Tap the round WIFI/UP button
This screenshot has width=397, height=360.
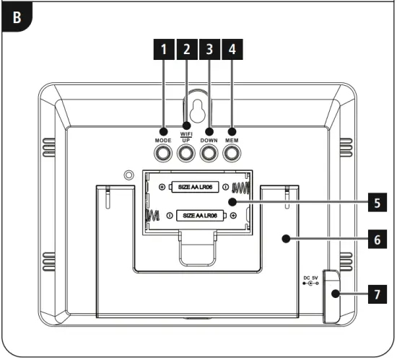(x=186, y=153)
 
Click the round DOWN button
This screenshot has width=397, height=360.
(x=209, y=153)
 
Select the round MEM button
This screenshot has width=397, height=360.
(x=232, y=153)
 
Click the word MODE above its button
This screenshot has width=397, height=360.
(x=162, y=139)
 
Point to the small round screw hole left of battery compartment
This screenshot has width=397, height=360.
(x=129, y=175)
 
